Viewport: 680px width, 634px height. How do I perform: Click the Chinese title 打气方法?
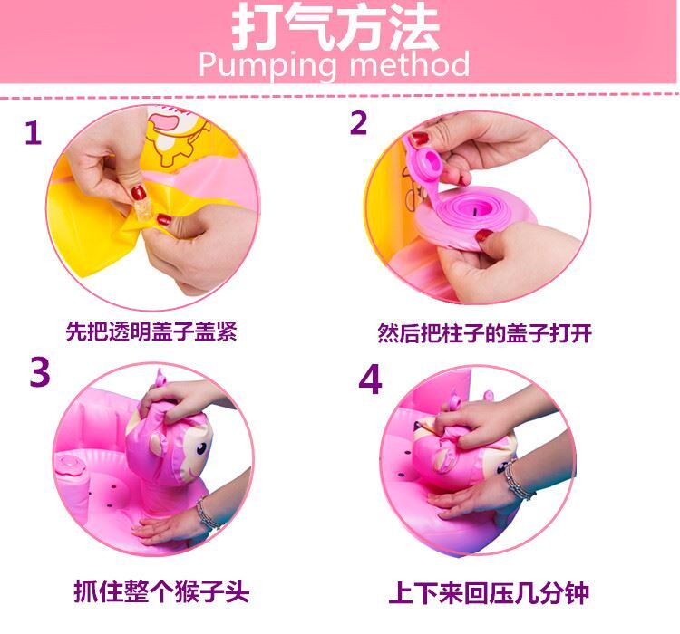pyautogui.click(x=335, y=28)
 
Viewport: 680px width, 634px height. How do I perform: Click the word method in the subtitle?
pyautogui.click(x=410, y=63)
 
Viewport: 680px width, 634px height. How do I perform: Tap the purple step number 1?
pyautogui.click(x=34, y=132)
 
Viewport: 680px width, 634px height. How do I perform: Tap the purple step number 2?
pyautogui.click(x=359, y=123)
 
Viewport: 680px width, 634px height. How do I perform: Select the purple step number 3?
pyautogui.click(x=40, y=372)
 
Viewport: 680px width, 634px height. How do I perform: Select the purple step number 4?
pyautogui.click(x=370, y=379)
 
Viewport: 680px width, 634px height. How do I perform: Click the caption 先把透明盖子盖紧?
pyautogui.click(x=151, y=332)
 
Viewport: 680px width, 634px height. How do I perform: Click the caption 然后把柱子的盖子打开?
pyautogui.click(x=484, y=333)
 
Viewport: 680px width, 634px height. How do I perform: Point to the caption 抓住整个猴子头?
pyautogui.click(x=161, y=591)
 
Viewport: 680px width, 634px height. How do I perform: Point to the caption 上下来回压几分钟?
pyautogui.click(x=489, y=593)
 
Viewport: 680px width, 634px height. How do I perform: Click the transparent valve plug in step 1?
pyautogui.click(x=143, y=210)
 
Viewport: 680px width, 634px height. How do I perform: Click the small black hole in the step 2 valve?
pyautogui.click(x=475, y=212)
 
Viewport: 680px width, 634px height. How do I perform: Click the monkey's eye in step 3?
pyautogui.click(x=201, y=448)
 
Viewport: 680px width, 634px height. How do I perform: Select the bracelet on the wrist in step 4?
pyautogui.click(x=519, y=480)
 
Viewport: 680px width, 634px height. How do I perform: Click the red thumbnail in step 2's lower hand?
pyautogui.click(x=484, y=235)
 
